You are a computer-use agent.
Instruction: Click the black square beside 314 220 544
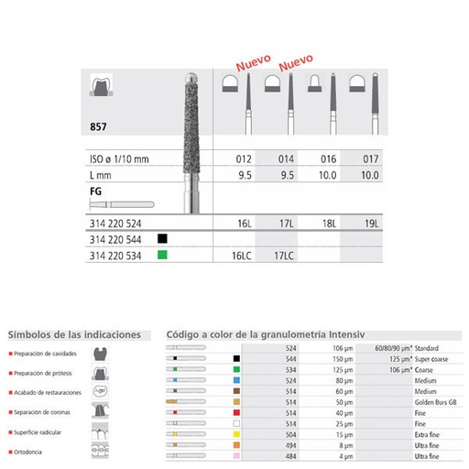162,238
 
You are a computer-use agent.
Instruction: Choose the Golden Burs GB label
434,402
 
